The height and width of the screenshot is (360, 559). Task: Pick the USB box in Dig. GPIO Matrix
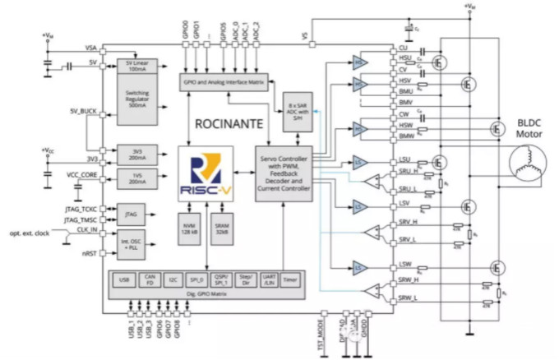click(x=124, y=280)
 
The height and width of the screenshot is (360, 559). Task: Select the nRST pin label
click(x=89, y=254)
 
